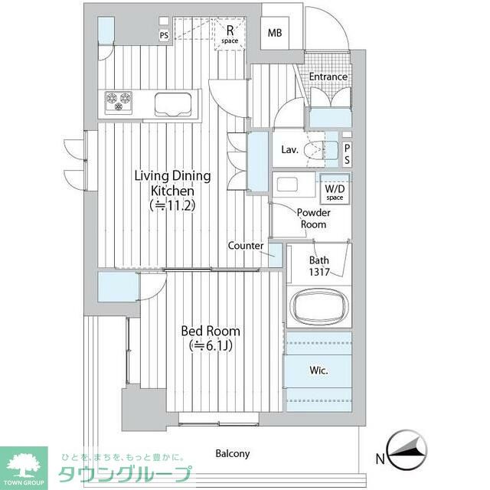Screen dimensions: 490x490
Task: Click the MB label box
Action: click(x=274, y=32)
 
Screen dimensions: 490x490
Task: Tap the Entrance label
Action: click(x=328, y=77)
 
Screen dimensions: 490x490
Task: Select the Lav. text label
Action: click(x=289, y=149)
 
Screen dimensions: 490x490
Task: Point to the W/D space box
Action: click(x=335, y=191)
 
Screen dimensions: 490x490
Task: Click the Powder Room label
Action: click(x=312, y=218)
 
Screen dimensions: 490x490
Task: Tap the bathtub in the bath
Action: click(x=318, y=305)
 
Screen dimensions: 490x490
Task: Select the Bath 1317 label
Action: click(x=319, y=264)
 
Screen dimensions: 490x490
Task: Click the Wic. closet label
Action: click(x=318, y=371)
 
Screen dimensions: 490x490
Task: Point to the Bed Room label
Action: click(x=210, y=338)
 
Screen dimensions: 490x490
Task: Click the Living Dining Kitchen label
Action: click(x=172, y=190)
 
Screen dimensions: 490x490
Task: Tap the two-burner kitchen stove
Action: click(x=119, y=102)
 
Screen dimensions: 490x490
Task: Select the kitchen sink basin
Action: click(x=175, y=102)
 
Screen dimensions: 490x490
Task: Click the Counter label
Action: click(x=245, y=246)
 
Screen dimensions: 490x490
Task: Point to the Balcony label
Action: click(x=232, y=453)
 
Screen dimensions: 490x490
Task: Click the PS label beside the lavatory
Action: click(x=347, y=154)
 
